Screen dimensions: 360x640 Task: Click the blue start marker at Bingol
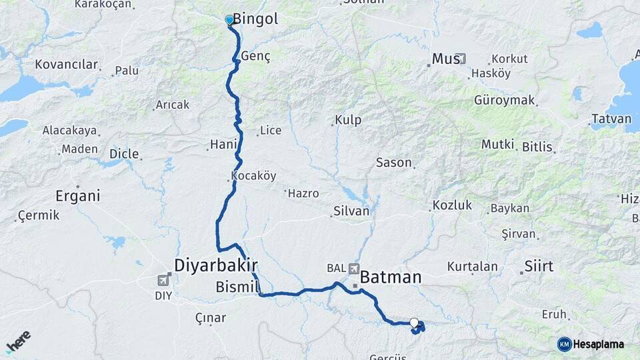tap(229, 20)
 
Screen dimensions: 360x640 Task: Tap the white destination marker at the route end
tap(414, 323)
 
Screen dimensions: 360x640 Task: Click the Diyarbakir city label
tap(215, 265)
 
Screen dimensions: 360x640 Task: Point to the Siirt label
tap(539, 266)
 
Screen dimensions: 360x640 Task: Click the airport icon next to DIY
tap(164, 281)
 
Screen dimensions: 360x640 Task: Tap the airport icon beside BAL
tap(353, 268)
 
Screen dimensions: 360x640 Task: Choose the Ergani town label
tap(77, 196)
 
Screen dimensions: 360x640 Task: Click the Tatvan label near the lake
tap(611, 119)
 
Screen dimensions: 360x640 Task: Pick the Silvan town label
tap(351, 211)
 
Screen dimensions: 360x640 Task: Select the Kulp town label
tap(348, 120)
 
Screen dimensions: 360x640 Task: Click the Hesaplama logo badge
tap(591, 344)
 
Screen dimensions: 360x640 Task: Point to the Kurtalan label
tap(472, 267)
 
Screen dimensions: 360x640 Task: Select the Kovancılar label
tap(67, 65)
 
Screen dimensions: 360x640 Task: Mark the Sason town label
tap(394, 163)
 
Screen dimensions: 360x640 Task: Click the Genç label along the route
tap(256, 57)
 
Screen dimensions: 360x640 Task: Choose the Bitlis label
tap(537, 145)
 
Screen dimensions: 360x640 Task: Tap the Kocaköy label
tap(253, 176)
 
